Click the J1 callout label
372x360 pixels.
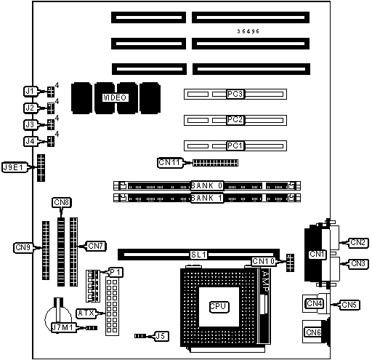[31, 92]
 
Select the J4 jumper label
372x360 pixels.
[31, 141]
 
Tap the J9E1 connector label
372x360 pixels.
[15, 167]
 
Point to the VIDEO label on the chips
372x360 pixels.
[115, 97]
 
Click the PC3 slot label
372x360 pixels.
[235, 94]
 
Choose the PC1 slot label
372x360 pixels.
[235, 145]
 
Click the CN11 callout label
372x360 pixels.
[170, 162]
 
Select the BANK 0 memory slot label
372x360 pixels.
[206, 185]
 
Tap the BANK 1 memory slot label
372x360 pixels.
[206, 198]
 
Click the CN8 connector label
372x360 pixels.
[62, 202]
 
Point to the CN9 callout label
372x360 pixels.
[23, 247]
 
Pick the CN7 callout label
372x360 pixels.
[96, 246]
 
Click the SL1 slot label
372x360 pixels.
[198, 255]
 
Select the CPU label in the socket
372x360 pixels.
[219, 307]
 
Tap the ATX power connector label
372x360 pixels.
[86, 313]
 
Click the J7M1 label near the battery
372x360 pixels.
[63, 327]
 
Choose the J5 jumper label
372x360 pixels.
[161, 336]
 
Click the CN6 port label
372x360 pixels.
[313, 332]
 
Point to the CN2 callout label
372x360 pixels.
[358, 242]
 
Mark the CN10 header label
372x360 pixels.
[264, 261]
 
